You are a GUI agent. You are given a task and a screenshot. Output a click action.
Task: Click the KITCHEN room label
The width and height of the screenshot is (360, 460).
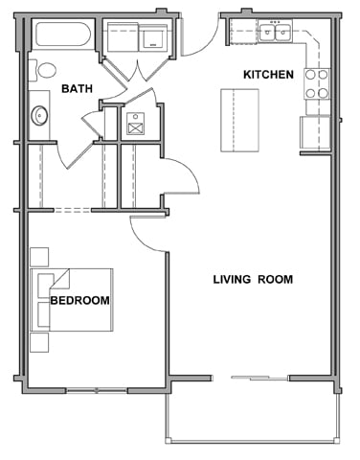[267, 75]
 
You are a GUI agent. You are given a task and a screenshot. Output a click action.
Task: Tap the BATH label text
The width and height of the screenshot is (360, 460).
[78, 89]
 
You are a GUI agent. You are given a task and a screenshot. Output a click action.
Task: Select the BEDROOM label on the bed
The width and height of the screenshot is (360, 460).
[79, 300]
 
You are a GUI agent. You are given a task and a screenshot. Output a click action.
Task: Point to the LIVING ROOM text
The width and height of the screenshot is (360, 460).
[252, 280]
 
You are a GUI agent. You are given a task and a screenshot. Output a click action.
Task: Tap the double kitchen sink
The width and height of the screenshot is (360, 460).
[276, 34]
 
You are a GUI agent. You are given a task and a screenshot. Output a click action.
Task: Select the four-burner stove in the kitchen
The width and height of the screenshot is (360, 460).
[317, 84]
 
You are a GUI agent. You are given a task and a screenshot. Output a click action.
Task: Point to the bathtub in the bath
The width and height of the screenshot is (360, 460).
[63, 36]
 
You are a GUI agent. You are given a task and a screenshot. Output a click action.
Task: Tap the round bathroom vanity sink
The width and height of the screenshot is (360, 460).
[40, 116]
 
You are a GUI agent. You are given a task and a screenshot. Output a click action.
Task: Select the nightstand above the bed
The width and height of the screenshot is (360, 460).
[39, 256]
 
